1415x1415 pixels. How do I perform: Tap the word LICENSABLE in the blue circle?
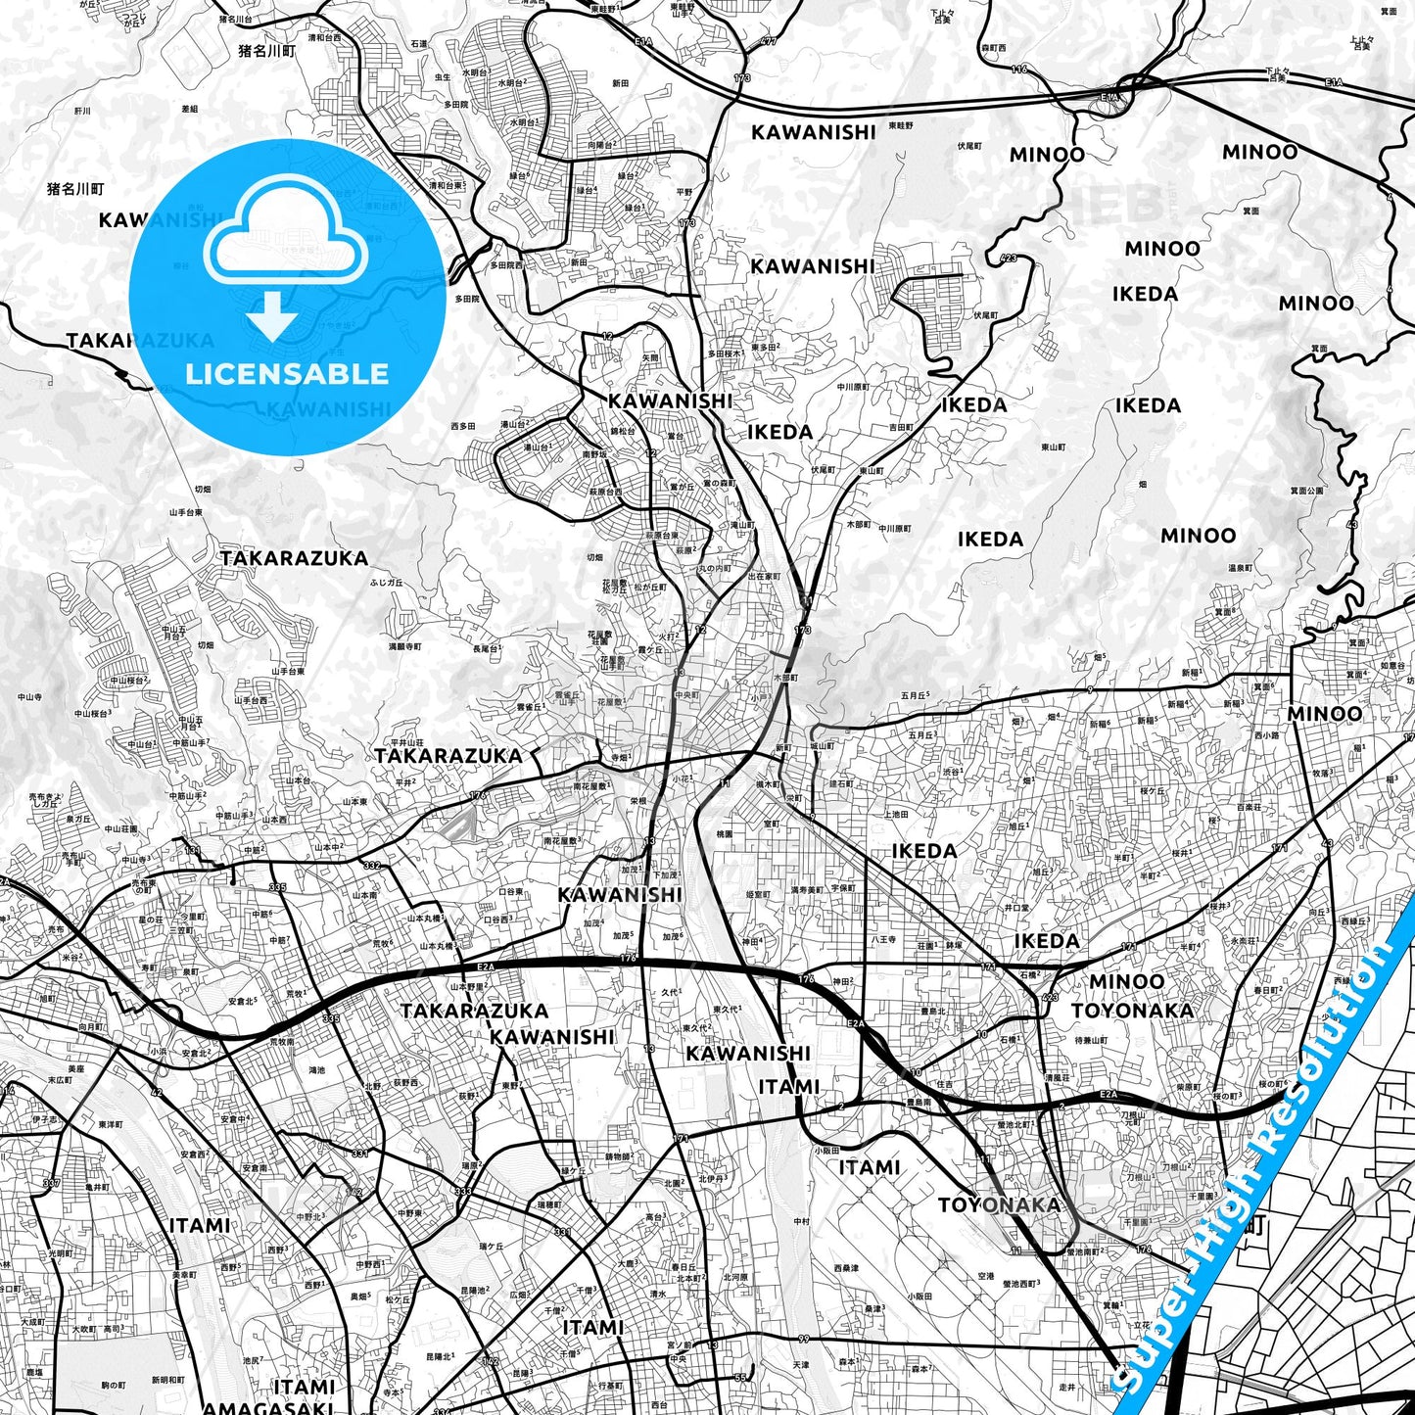tap(287, 373)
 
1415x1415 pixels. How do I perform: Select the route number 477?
tap(768, 42)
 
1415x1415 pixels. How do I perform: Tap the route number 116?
tap(1019, 70)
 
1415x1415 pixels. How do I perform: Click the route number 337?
tap(52, 1183)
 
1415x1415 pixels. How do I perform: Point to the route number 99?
tap(804, 1340)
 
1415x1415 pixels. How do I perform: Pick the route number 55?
tap(740, 1378)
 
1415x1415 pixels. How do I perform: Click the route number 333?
tap(463, 1192)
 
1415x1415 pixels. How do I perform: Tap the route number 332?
tap(372, 866)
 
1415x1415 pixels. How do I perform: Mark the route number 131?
tap(193, 850)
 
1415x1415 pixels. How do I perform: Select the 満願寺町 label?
tap(404, 647)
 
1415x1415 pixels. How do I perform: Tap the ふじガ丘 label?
tap(386, 583)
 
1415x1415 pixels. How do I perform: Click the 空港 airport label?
tap(986, 1277)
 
